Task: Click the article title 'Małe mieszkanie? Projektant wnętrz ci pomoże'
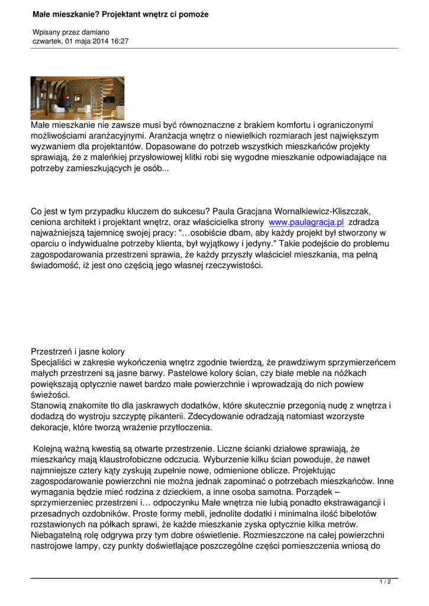pos(120,14)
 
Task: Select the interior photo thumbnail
pos(78,98)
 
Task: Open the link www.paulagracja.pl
pos(306,223)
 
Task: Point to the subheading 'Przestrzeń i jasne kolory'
pos(78,352)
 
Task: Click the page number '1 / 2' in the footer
pos(385,583)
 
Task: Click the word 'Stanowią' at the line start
pos(50,405)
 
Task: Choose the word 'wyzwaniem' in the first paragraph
pos(54,147)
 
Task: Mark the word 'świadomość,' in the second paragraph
pos(56,265)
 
